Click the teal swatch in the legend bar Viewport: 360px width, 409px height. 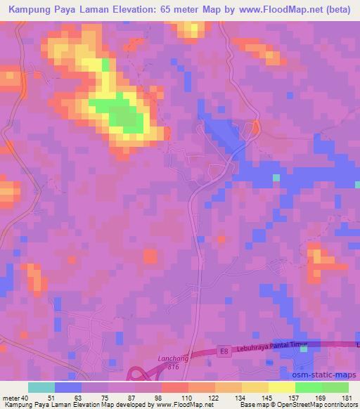coord(41,387)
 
